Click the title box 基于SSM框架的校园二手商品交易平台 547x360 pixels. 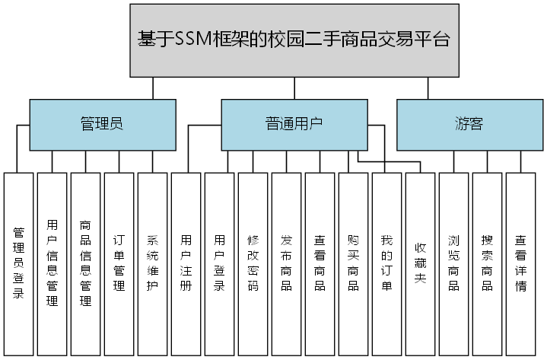(x=294, y=40)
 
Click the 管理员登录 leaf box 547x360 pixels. (x=19, y=263)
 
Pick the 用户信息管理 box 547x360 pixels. (x=52, y=263)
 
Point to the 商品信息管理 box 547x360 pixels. (x=86, y=263)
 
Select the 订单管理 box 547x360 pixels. (x=119, y=263)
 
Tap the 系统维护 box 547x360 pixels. (x=153, y=263)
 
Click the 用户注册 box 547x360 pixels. (x=186, y=263)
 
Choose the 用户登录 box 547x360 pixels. (x=220, y=263)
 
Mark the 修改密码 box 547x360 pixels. (x=253, y=263)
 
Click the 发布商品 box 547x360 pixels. (x=287, y=263)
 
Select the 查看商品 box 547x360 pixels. (x=320, y=263)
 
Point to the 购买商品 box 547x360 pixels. (x=354, y=263)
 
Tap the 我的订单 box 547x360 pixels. (x=387, y=263)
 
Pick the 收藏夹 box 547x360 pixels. (x=421, y=263)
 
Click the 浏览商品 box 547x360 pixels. (x=454, y=263)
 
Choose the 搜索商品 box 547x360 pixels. (x=488, y=263)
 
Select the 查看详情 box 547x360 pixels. (x=521, y=263)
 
